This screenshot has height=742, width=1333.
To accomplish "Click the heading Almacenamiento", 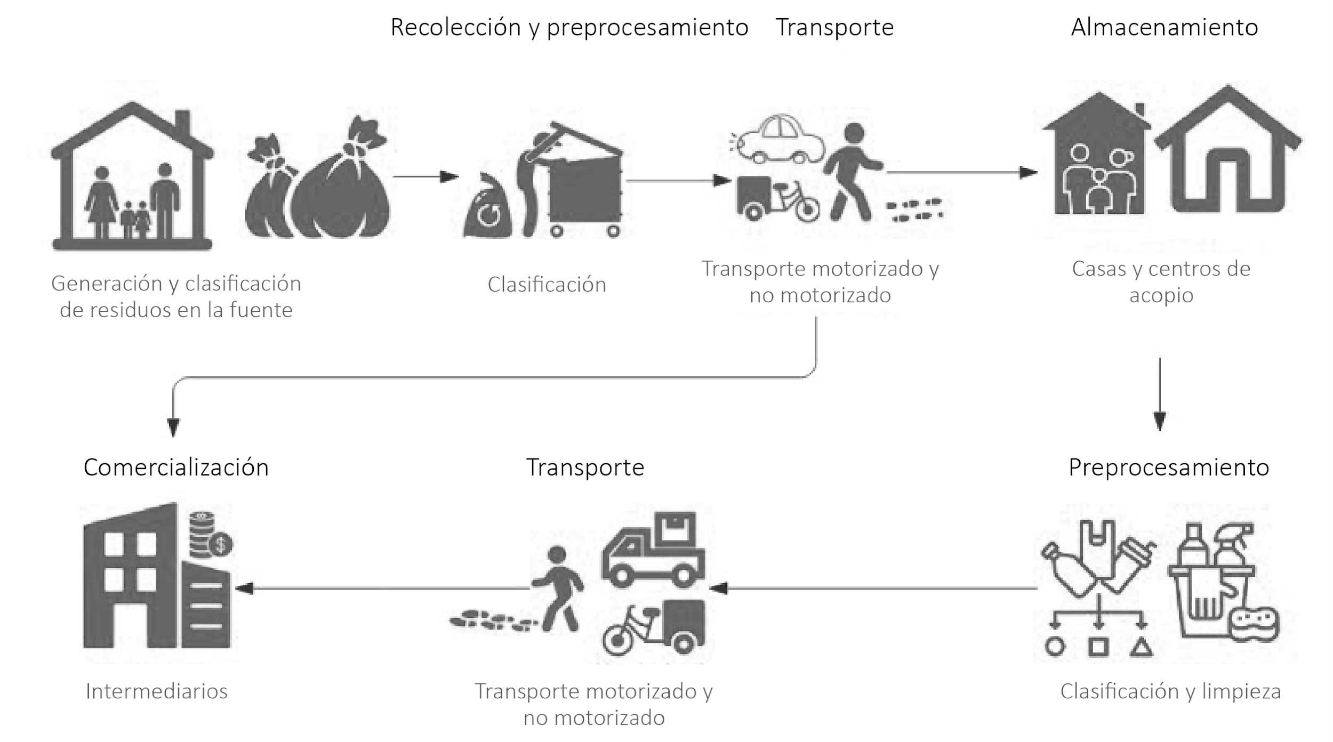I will [1164, 27].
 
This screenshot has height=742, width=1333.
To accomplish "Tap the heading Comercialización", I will [176, 467].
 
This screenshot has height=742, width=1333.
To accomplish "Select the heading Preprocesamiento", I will [1168, 467].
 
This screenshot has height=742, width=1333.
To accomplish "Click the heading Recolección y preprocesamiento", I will [569, 27].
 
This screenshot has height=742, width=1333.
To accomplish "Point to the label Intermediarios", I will [156, 691].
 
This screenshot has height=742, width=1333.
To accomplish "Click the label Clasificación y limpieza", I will [1170, 691].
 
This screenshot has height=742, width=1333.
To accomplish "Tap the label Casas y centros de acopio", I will [1161, 281].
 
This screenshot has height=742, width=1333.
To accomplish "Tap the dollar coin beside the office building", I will [221, 545].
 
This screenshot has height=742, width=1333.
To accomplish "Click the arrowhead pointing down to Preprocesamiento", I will [1159, 421].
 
